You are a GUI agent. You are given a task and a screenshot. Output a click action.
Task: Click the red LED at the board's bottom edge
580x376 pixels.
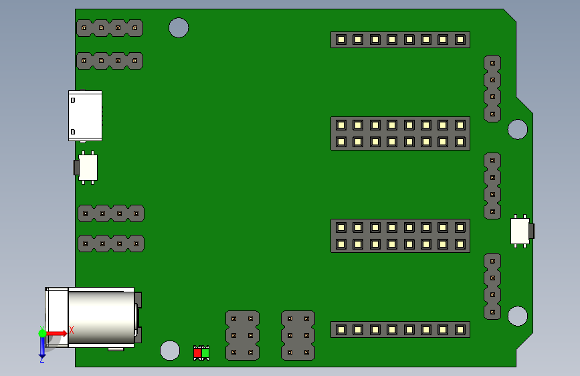(197, 353)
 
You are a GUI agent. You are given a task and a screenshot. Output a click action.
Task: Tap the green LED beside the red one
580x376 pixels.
(205, 353)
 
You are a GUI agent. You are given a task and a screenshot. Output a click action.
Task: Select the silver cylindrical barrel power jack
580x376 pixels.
(100, 317)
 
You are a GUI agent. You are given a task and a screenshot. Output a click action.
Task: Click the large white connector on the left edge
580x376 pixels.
(85, 116)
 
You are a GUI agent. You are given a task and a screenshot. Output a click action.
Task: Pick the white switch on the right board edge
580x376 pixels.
(520, 231)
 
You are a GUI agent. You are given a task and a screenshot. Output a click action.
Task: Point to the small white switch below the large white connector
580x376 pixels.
(88, 167)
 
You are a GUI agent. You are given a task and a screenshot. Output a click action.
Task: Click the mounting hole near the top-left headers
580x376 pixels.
(179, 27)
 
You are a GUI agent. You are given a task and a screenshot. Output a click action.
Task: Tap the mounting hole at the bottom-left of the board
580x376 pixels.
(171, 350)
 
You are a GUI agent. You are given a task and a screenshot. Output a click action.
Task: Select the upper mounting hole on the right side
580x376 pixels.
(517, 129)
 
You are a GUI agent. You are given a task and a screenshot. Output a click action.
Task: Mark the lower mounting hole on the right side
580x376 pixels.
(517, 316)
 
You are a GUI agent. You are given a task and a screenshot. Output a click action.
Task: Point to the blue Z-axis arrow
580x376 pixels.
(42, 346)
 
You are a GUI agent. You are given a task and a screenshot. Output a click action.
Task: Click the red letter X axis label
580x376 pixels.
(71, 329)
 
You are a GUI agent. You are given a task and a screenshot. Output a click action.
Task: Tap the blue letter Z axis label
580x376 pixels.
(41, 359)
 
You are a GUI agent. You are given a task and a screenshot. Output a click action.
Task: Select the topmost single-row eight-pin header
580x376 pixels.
(400, 39)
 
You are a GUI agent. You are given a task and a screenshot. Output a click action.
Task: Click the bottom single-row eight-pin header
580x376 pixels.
(400, 329)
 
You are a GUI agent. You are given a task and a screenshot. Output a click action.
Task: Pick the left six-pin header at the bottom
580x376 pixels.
(242, 335)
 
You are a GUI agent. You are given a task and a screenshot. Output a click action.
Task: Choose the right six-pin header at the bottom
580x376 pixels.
(298, 335)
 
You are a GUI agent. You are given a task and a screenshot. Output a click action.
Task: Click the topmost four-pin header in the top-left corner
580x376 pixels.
(110, 28)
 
